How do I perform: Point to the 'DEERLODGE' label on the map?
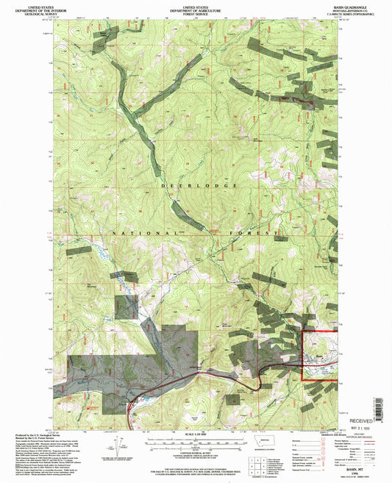tap(195, 185)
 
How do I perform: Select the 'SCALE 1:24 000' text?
tap(195, 434)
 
